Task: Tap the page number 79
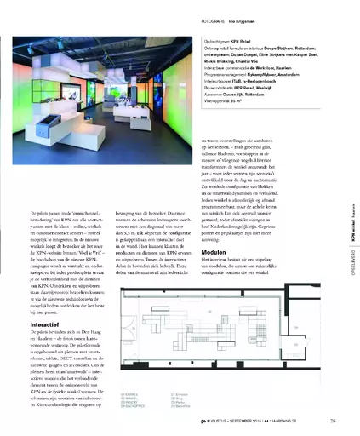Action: (x=329, y=419)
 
